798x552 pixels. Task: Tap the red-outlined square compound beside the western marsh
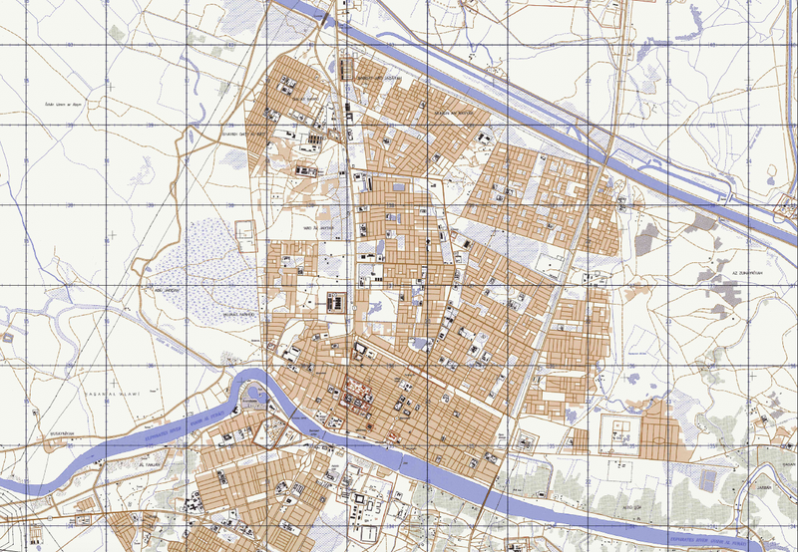coord(244,232)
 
